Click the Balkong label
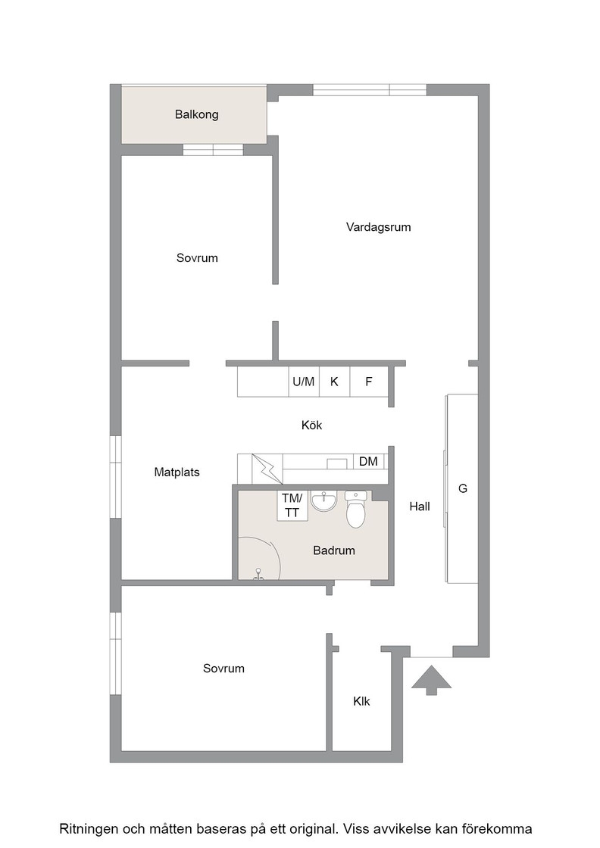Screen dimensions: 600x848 (x=196, y=114)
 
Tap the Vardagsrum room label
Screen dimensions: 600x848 (x=378, y=227)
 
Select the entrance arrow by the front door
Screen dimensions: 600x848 (x=431, y=680)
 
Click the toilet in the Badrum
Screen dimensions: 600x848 (x=355, y=509)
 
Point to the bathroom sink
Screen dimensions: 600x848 (x=323, y=500)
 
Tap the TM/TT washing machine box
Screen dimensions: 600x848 (x=292, y=506)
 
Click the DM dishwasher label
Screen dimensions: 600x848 (x=368, y=461)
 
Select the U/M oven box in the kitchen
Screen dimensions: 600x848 (x=304, y=382)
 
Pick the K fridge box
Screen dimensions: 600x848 (x=334, y=382)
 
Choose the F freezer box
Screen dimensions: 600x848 (x=369, y=382)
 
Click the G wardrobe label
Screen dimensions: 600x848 (x=463, y=489)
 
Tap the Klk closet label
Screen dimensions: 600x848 (x=361, y=701)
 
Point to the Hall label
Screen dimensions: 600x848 (x=420, y=507)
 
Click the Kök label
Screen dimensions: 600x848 (x=311, y=426)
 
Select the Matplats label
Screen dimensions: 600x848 (x=177, y=472)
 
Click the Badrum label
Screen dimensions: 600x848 (x=334, y=550)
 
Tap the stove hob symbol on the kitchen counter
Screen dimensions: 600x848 (x=267, y=469)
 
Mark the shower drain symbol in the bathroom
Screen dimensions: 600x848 (x=258, y=575)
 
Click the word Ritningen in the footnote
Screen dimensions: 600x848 (x=88, y=829)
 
